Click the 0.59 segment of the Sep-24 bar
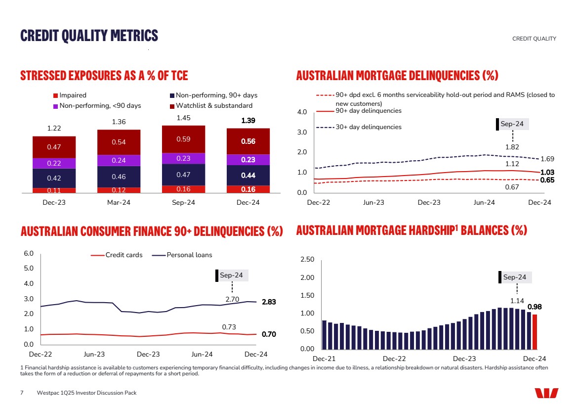183,139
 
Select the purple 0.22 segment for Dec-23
54,163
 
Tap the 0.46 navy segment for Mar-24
119,176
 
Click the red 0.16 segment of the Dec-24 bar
248,189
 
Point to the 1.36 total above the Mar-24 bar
119,122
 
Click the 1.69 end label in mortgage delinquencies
547,159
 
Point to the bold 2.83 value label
269,302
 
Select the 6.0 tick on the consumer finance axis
29,254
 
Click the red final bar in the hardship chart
535,332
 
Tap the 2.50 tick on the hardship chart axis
308,260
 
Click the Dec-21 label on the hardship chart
324,358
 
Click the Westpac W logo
546,393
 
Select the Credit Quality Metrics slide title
89,36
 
